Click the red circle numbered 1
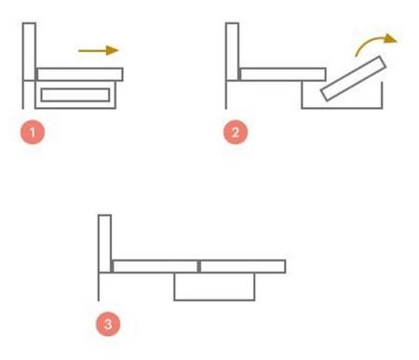pos(33,132)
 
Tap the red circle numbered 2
pos(236,132)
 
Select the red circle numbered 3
pos(108,324)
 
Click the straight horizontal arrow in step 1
pos(99,50)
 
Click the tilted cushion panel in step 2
pos(353,78)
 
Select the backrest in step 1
pos(29,51)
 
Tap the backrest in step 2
pos(232,51)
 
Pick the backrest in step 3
pos(104,244)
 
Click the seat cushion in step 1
pos(80,74)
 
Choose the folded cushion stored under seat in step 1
pos(75,95)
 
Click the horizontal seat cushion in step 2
pos(283,74)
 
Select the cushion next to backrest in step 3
pos(155,266)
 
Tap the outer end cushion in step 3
pos(242,266)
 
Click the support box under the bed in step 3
pos(214,300)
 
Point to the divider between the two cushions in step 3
pos(199,266)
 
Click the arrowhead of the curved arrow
pos(391,39)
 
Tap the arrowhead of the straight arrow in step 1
pos(113,50)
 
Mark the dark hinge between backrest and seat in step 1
pos(36,74)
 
